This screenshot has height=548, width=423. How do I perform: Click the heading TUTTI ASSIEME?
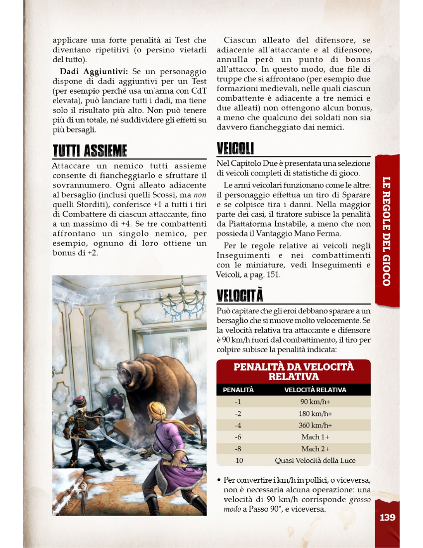point(90,150)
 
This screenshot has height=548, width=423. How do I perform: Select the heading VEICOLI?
point(235,148)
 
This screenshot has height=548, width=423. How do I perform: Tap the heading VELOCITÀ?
point(240,295)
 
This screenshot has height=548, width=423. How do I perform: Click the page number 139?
point(387,517)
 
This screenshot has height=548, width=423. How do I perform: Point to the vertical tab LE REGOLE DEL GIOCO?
point(387,231)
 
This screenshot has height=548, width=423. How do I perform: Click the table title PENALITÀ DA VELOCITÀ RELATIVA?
point(294,371)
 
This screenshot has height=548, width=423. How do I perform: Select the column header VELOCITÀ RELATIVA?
point(315,390)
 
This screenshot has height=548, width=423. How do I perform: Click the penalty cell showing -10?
point(238,460)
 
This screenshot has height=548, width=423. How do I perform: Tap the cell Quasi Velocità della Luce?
point(315,460)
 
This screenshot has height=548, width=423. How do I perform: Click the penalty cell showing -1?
point(238,402)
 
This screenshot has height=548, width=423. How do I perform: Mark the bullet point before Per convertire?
point(219,480)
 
